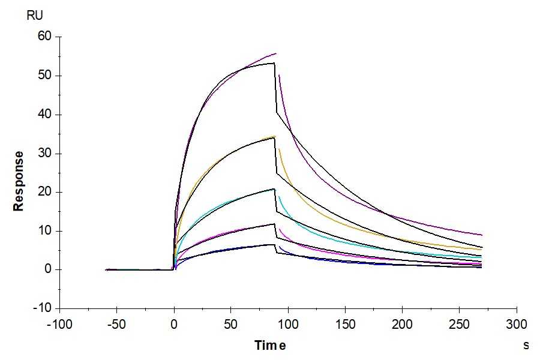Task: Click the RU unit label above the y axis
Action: [35, 16]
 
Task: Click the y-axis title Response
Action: [19, 181]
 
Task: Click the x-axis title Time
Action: [269, 345]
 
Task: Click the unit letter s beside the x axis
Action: [526, 345]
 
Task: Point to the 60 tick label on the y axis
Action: [46, 37]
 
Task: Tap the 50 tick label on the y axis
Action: [46, 76]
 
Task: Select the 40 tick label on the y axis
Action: [46, 115]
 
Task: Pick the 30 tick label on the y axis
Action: [46, 154]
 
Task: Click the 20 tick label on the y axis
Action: [46, 192]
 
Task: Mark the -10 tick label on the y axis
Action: [44, 308]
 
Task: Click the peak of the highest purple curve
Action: [275, 53]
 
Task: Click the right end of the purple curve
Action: [481, 235]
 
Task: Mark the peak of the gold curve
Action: [275, 136]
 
